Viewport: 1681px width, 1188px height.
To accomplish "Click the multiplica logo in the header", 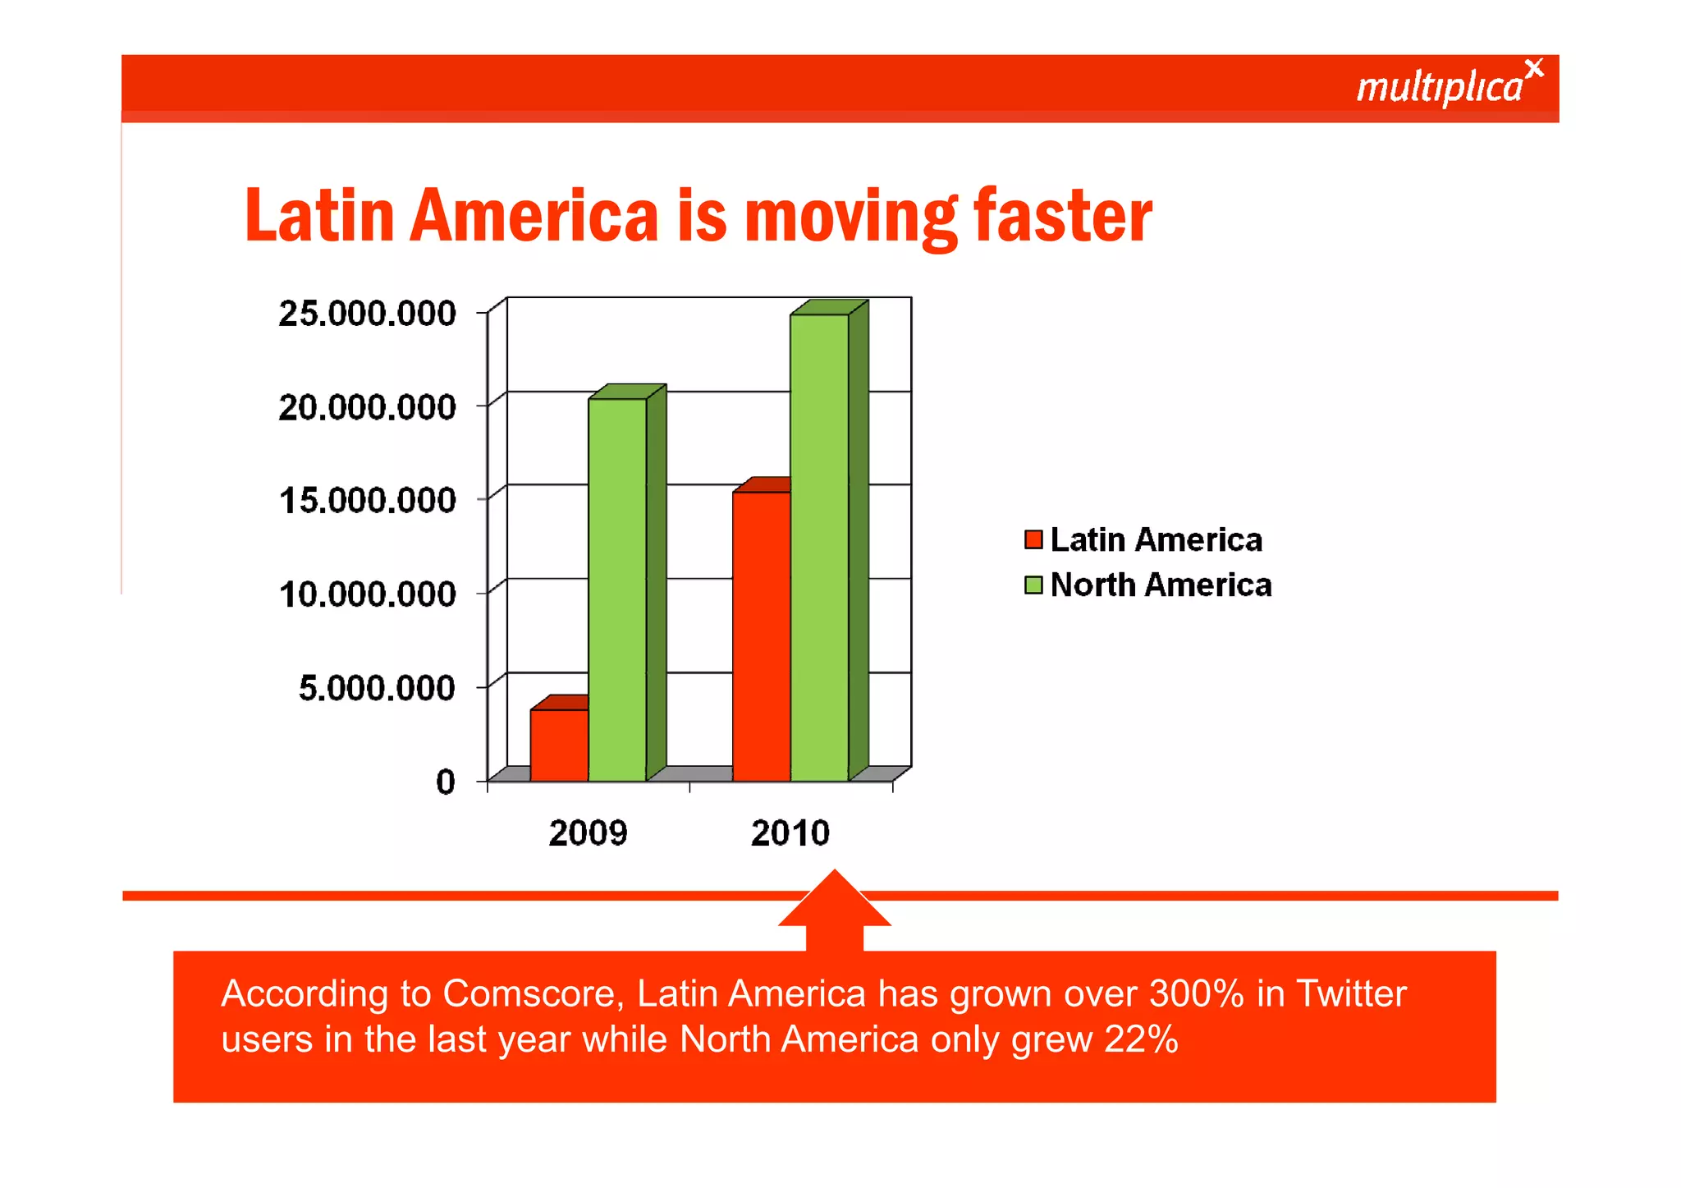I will click(x=1448, y=85).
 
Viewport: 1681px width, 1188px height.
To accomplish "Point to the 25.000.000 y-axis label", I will click(x=367, y=314).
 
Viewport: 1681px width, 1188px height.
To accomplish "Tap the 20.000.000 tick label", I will click(x=367, y=407).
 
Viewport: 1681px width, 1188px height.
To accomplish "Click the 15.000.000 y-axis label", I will click(x=367, y=501).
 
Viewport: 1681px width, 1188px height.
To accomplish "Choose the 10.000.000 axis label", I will click(x=367, y=594).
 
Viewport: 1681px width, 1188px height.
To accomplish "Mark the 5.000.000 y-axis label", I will click(x=376, y=688).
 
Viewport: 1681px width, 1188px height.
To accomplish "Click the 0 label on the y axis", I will click(x=445, y=782).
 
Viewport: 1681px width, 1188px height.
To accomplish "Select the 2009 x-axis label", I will click(x=588, y=833).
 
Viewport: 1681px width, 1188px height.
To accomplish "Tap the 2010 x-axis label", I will click(x=790, y=833).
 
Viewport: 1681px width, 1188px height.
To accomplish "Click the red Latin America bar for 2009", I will click(x=559, y=745).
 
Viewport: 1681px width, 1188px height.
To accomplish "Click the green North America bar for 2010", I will click(x=819, y=547).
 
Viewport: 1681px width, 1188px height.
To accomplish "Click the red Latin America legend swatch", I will click(x=1033, y=539).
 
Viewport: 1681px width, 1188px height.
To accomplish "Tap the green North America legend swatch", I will click(x=1033, y=585).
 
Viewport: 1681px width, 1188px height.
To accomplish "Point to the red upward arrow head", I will click(x=834, y=900).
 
